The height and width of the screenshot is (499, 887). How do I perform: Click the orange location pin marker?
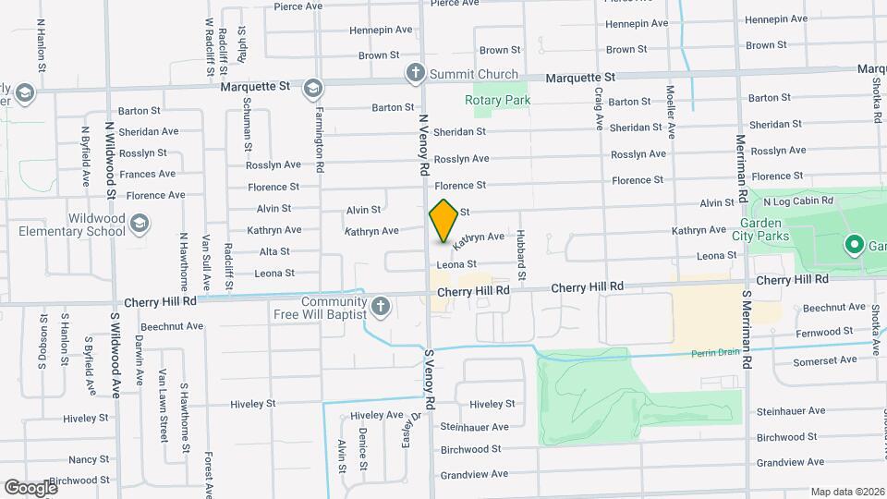pos(443,221)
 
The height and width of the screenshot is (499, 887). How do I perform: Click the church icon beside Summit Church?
pos(416,73)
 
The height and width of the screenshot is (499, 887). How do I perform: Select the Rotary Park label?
pos(497,99)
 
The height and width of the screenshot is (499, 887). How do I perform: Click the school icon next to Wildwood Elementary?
pos(140,223)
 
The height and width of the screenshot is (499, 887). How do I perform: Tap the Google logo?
pos(31,487)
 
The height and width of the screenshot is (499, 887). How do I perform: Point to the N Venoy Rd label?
pos(424,145)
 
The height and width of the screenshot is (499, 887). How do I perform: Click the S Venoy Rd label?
pos(429,380)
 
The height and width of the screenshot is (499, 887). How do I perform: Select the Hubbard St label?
pos(521,254)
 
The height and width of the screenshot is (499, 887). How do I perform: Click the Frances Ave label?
pos(148,174)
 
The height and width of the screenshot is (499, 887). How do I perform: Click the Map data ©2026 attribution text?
pos(847,492)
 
